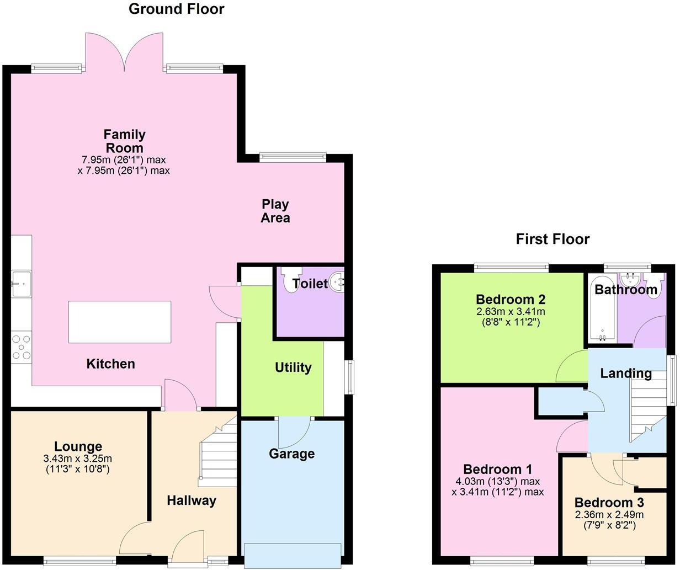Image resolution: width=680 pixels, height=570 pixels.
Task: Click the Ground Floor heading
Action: [x=176, y=9]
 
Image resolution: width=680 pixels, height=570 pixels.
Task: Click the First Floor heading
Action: [x=552, y=239]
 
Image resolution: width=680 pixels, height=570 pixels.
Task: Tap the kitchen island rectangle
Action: [x=119, y=322]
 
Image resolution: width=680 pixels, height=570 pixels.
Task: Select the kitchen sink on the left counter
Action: [x=20, y=284]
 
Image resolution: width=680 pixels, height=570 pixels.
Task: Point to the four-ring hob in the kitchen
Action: [x=21, y=347]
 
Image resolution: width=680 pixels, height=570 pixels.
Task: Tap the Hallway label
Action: [x=192, y=500]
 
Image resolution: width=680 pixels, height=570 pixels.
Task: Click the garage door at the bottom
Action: [x=293, y=554]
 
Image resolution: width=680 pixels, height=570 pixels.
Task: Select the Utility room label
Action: [x=293, y=367]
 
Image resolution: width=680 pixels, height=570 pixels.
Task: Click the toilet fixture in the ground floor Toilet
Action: [x=290, y=280]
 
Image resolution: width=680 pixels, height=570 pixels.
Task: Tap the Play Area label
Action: [x=275, y=211]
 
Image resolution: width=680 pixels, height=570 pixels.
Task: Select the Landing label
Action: [x=626, y=374]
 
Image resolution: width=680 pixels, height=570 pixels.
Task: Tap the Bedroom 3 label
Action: [x=609, y=503]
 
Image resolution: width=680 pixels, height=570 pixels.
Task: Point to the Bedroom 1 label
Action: [x=497, y=470]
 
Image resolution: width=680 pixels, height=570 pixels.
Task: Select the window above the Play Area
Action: [x=293, y=157]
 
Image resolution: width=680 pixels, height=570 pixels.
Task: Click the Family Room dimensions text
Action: [x=124, y=165]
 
